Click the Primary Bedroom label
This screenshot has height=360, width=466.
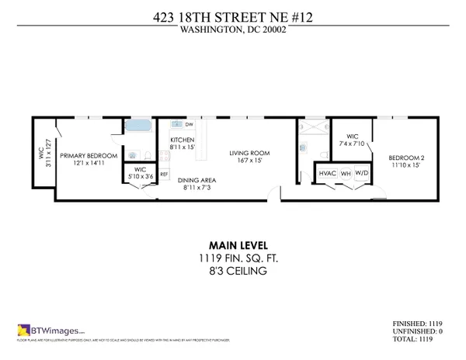click(x=88, y=155)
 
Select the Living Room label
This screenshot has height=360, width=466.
click(x=249, y=153)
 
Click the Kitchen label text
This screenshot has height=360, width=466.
click(x=182, y=140)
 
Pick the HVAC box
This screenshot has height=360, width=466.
click(x=327, y=174)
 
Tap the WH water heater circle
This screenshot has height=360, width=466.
click(x=346, y=174)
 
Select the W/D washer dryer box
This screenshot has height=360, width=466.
click(x=363, y=174)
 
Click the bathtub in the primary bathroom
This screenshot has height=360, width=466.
click(x=140, y=126)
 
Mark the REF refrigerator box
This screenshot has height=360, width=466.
click(x=164, y=175)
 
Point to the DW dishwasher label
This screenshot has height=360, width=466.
click(x=189, y=124)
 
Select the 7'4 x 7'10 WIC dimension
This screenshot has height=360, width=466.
click(x=352, y=144)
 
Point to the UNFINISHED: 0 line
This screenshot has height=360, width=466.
click(x=422, y=332)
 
